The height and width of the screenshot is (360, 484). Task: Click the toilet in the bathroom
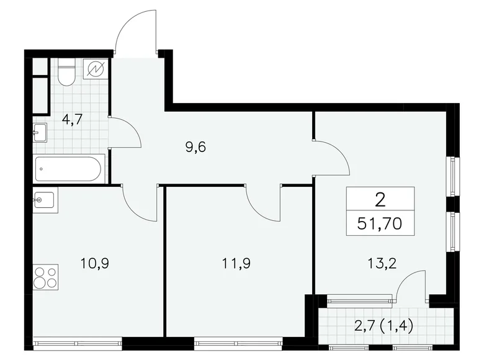tap(67, 73)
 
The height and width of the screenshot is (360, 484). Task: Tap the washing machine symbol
tap(96, 69)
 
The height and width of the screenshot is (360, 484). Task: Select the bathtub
tap(70, 168)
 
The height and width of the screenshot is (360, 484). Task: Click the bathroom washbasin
tap(40, 132)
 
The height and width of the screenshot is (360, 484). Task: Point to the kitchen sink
tap(45, 201)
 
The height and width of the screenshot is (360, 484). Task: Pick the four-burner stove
tap(45, 276)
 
